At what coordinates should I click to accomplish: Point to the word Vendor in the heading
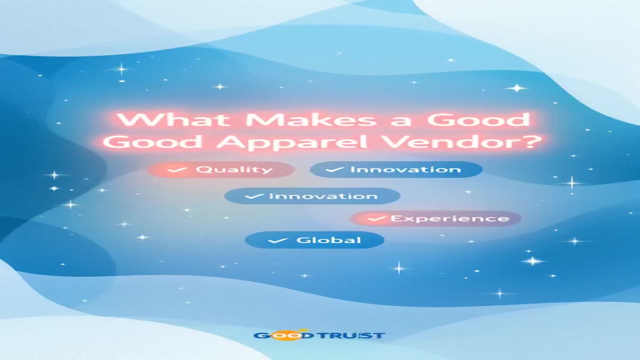451,141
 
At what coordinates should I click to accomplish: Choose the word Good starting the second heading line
155,141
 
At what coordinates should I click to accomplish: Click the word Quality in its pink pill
234,170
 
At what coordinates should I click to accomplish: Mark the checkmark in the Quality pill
177,169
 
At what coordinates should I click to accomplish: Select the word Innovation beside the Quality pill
405,169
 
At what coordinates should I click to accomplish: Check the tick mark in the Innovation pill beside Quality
334,169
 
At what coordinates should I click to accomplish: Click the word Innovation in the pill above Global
323,196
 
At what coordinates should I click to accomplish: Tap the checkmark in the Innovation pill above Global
254,196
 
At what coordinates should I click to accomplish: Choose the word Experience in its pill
450,219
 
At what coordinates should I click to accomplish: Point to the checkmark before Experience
377,219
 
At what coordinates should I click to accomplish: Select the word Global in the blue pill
328,240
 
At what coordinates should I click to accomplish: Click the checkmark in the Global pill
277,240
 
